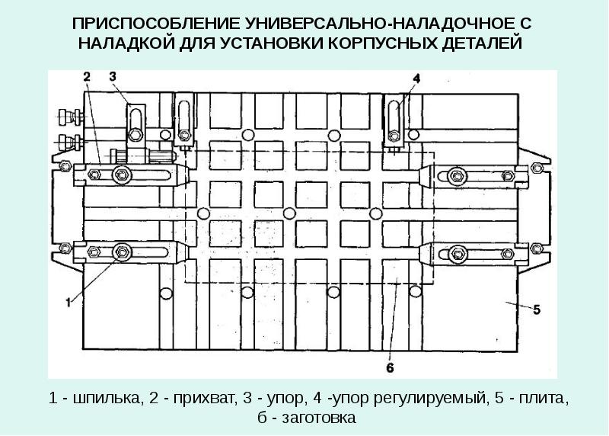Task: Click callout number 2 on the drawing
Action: coord(87,76)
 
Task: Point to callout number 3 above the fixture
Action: coord(112,75)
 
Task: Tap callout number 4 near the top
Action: coord(416,78)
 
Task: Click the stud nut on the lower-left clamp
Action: coord(120,252)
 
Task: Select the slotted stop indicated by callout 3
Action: coord(136,122)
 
